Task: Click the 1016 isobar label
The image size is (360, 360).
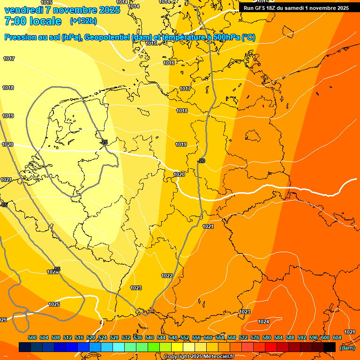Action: click(169, 63)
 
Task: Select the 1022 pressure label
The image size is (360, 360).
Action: click(167, 276)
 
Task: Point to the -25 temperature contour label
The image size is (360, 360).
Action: click(104, 142)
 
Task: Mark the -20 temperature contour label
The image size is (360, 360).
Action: click(201, 161)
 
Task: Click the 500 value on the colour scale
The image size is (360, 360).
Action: click(32, 337)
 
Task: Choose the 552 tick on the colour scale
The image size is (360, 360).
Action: click(184, 337)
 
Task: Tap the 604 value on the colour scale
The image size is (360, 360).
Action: click(337, 337)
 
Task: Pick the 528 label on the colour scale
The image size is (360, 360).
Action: click(114, 337)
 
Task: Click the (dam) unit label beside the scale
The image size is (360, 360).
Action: click(347, 347)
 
